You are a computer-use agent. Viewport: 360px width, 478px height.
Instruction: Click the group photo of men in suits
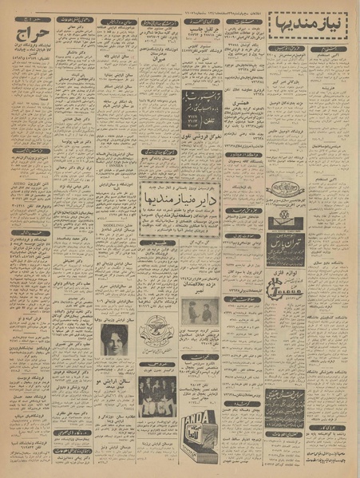156,397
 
